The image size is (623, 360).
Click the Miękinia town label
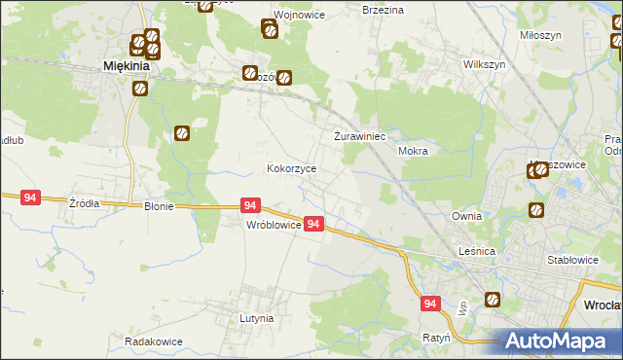tap(127, 67)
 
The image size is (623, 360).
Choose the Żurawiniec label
tap(361, 136)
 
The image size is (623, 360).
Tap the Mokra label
tap(414, 152)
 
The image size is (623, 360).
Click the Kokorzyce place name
tap(292, 168)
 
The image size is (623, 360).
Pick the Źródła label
tap(84, 204)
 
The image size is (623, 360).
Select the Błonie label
tap(159, 206)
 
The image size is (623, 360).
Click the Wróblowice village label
tap(273, 225)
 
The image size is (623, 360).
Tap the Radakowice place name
tap(155, 342)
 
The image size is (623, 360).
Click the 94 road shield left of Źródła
tap(30, 198)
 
